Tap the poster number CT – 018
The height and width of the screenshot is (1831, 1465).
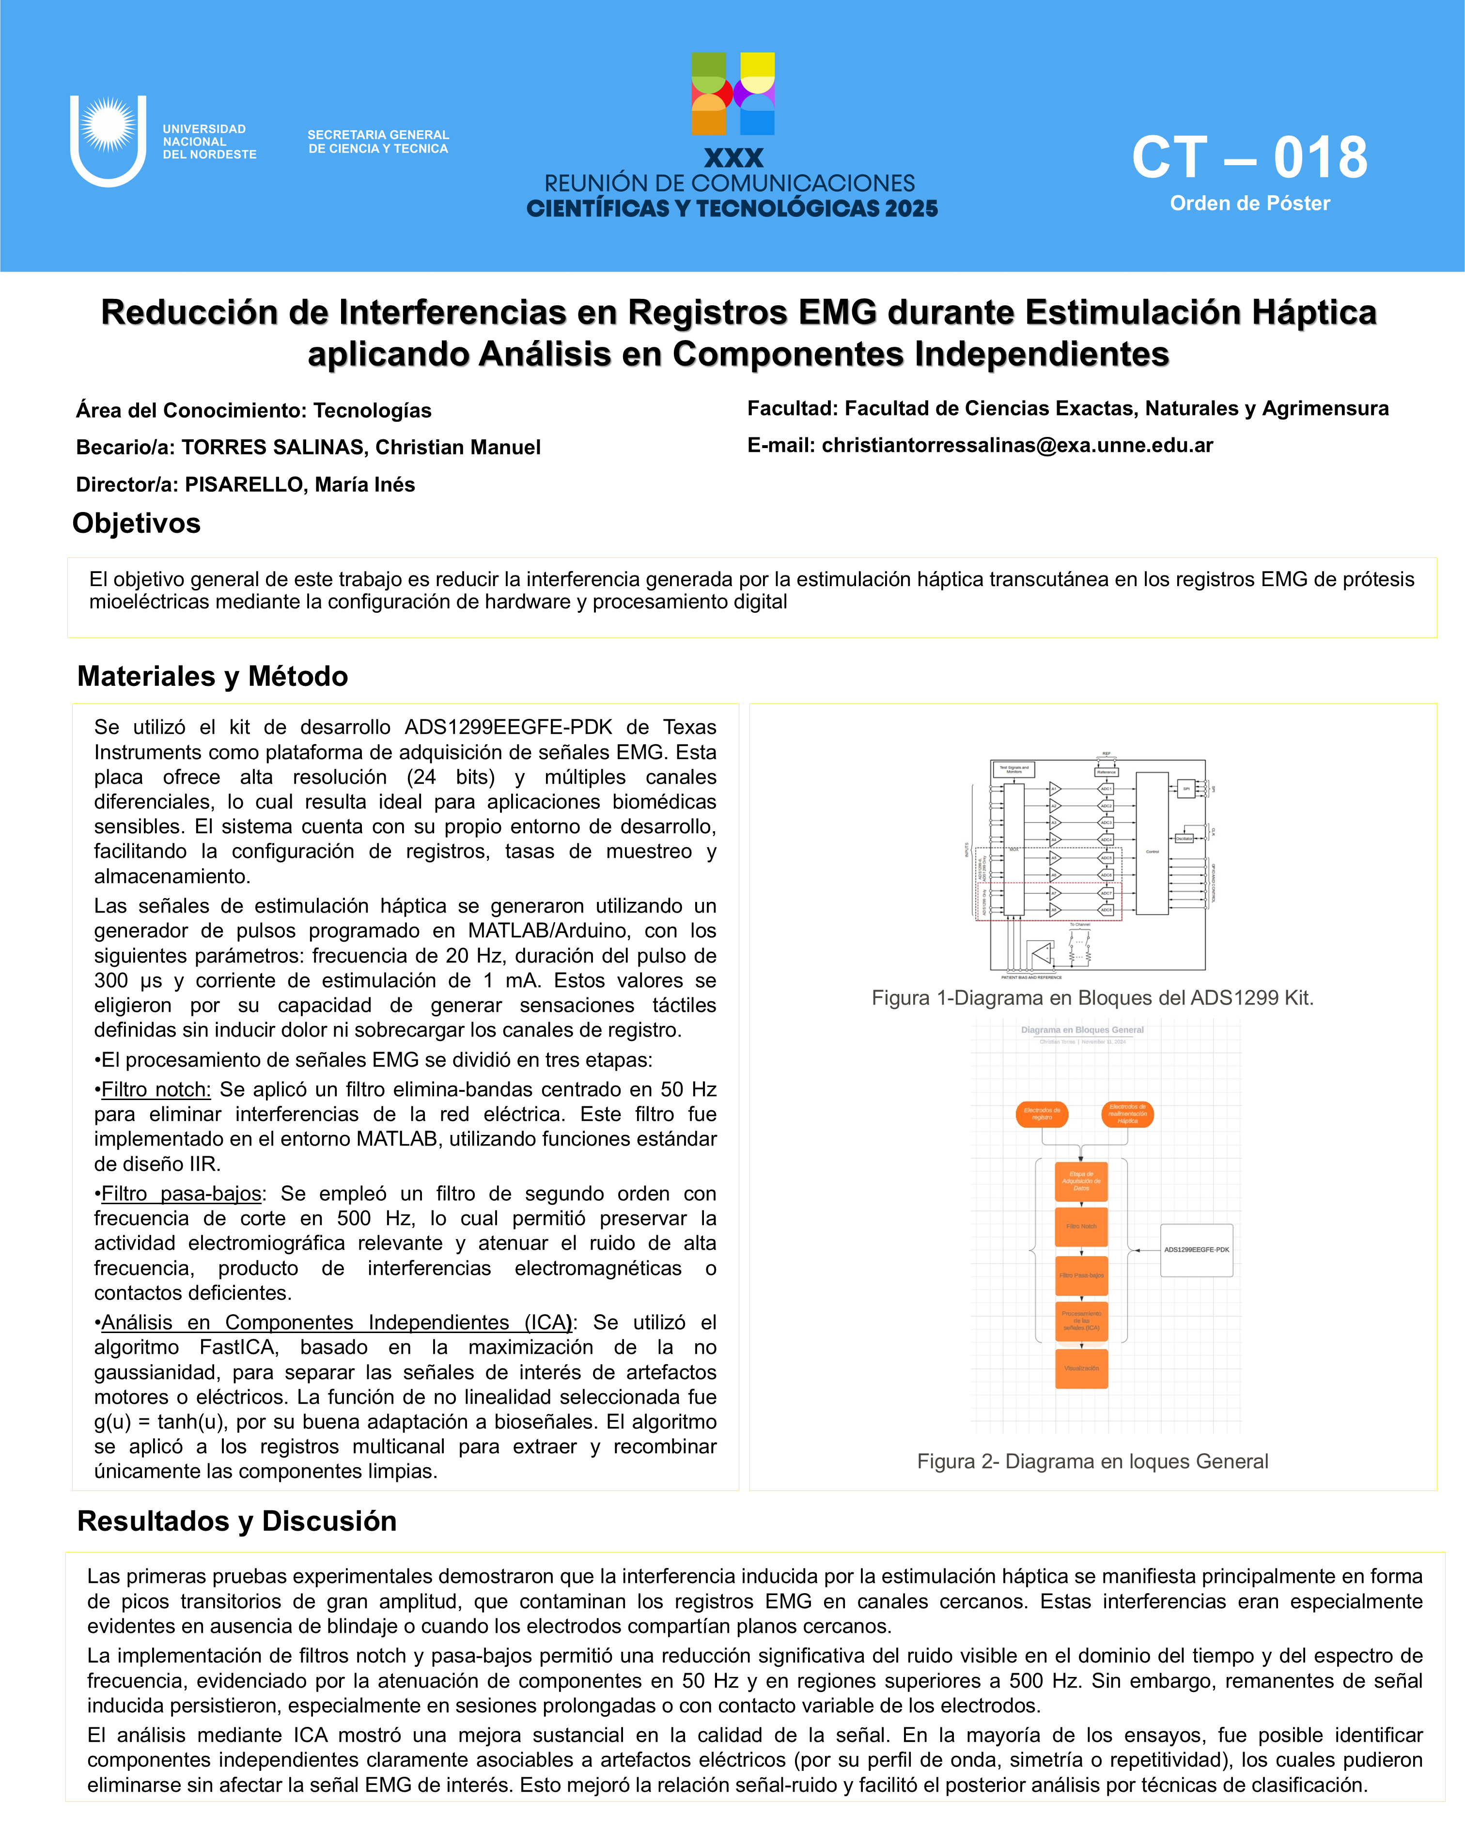point(1249,158)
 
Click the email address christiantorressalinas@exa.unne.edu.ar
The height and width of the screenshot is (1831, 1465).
point(1016,445)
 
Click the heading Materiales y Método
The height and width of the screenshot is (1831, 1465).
point(212,676)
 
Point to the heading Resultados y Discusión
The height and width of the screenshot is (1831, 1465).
point(237,1521)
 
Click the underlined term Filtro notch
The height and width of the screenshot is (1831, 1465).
point(156,1089)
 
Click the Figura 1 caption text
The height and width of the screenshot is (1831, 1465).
point(1092,998)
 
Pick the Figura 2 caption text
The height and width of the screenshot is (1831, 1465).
point(1092,1461)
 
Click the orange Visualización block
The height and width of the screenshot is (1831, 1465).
point(1081,1368)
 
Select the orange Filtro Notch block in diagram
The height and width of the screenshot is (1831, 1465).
point(1081,1226)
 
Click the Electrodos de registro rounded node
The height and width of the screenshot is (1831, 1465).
point(1042,1114)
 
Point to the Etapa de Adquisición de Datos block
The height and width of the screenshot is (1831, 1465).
point(1081,1181)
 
